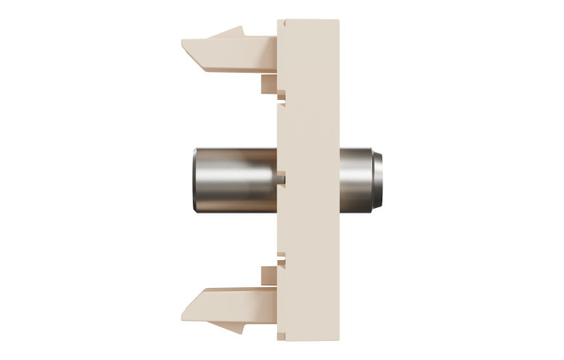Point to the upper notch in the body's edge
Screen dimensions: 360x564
[282, 98]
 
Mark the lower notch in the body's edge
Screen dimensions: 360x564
[282, 258]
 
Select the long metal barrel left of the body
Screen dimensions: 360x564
[232, 178]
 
